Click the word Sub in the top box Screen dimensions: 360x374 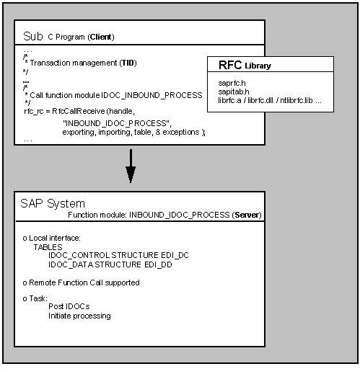(33, 36)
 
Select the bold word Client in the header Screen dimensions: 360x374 (101, 37)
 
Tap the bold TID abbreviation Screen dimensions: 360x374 (128, 63)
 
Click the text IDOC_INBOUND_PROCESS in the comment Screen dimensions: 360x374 (152, 95)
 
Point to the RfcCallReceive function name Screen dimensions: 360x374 (79, 111)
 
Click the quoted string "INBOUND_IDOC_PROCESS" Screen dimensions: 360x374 (116, 123)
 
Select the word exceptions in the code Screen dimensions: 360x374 (181, 132)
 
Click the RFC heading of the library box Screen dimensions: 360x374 (230, 65)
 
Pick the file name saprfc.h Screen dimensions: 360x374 (232, 83)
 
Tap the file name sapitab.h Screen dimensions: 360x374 (234, 92)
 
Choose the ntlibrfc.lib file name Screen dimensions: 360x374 (297, 100)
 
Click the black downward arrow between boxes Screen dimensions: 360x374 (131, 166)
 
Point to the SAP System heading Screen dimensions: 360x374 (53, 204)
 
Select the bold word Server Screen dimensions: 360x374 (247, 215)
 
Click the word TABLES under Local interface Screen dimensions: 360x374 (48, 247)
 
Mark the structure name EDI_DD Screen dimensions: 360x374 (158, 264)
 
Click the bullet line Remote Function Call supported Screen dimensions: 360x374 (81, 282)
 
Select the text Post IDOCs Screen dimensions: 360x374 (69, 306)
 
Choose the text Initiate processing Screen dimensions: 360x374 (79, 316)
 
